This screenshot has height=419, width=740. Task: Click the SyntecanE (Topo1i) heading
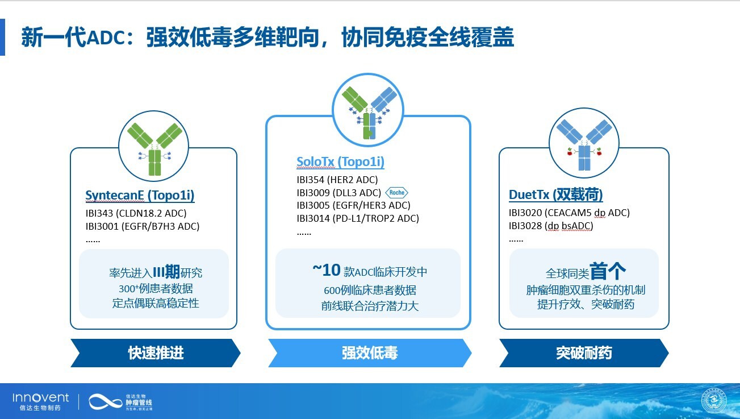click(140, 195)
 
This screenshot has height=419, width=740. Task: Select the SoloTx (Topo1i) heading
click(340, 161)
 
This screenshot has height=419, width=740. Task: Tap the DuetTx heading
click(555, 194)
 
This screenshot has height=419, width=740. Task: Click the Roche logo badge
click(396, 193)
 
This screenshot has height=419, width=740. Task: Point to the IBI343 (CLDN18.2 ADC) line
click(136, 213)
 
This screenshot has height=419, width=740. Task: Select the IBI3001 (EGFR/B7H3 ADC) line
click(143, 226)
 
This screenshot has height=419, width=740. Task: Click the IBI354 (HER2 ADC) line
click(337, 180)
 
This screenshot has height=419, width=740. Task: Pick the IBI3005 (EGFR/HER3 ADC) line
click(353, 205)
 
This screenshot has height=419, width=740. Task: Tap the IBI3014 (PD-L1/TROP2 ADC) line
click(357, 218)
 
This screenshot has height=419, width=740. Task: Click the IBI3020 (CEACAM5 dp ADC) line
click(569, 213)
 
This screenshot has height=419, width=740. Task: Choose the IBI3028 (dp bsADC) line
click(551, 226)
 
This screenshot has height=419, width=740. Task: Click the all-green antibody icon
click(154, 149)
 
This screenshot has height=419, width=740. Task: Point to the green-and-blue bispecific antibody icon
click(369, 113)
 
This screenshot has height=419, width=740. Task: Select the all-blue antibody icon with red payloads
click(584, 144)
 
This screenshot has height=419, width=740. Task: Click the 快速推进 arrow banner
click(156, 353)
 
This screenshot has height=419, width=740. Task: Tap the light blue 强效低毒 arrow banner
click(370, 353)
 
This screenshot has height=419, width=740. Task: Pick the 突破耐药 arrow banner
click(584, 353)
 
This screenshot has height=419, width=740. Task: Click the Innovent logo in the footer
click(41, 401)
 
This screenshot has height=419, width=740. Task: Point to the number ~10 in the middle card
click(327, 270)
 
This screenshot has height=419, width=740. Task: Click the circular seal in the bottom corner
click(714, 401)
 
